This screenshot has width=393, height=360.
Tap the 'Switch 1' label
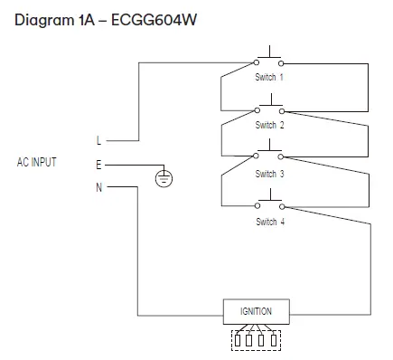pos(269,78)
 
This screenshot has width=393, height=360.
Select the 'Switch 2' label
pos(269,126)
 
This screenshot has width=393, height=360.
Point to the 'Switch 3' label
pos(269,174)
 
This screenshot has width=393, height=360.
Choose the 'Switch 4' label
pos(269,222)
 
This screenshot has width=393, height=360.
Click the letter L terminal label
pos(98,141)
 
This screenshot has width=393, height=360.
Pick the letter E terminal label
pos(98,165)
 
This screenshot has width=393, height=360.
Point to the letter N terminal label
pos(98,187)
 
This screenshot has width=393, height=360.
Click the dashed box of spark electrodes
pos(257,340)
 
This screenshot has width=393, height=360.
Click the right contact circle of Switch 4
pos(281,207)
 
